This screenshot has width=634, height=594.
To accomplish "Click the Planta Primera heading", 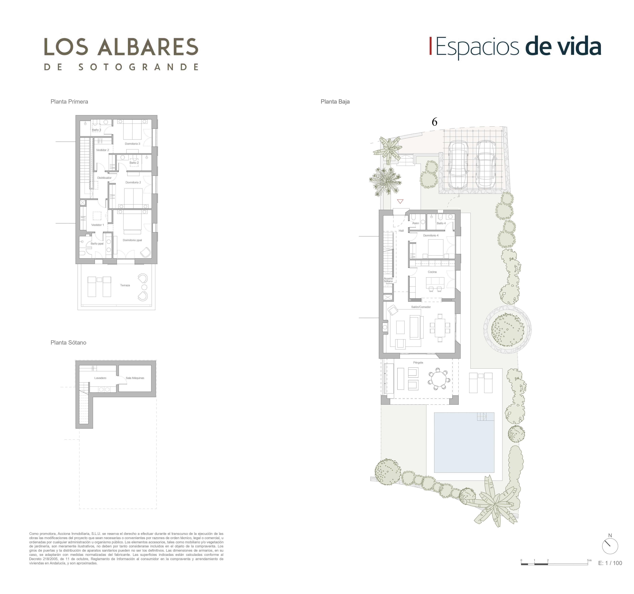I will [x=69, y=102].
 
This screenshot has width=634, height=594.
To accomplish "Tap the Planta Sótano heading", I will [x=68, y=343].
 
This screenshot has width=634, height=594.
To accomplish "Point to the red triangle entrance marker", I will [x=400, y=201].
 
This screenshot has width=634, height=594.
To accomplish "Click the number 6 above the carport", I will [x=434, y=122].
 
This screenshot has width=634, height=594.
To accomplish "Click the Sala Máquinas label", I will [x=135, y=378].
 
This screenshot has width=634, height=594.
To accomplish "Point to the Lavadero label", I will [x=100, y=378].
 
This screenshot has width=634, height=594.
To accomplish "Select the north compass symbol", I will [x=610, y=546].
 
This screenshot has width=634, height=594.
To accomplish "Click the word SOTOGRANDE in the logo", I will [x=138, y=67].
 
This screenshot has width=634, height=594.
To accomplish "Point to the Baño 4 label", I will [x=441, y=223].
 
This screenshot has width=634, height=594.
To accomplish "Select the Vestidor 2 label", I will [x=102, y=150].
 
